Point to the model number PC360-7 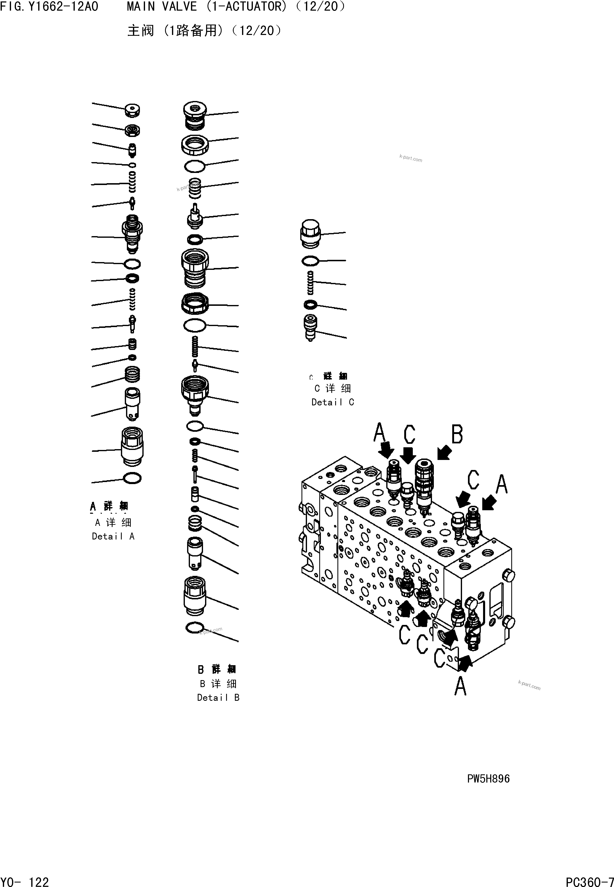pyautogui.click(x=589, y=879)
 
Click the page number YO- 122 pyautogui.click(x=25, y=879)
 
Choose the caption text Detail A pyautogui.click(x=113, y=536)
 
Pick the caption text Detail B pyautogui.click(x=218, y=697)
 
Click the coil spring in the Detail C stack pyautogui.click(x=310, y=282)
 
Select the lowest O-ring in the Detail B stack pyautogui.click(x=194, y=628)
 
